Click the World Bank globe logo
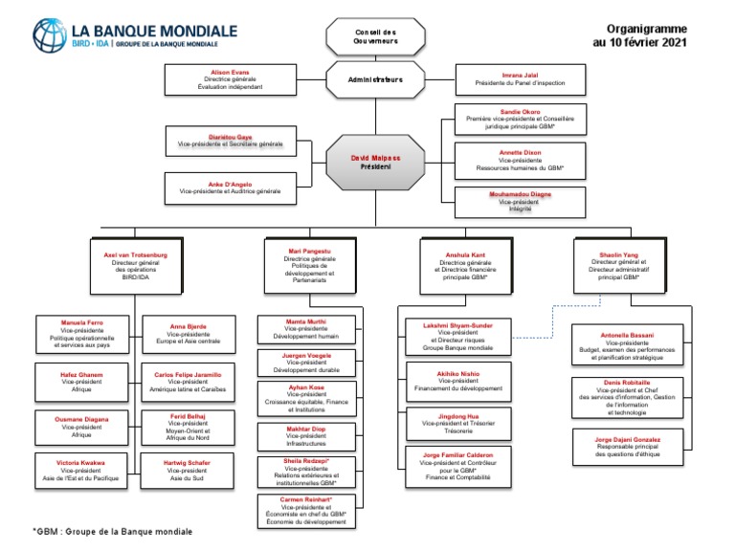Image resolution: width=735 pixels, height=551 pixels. point(50,34)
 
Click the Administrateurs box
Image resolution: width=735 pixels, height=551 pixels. point(374,79)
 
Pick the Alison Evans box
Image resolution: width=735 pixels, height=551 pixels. point(229,79)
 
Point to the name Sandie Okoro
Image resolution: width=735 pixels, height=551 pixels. point(520,112)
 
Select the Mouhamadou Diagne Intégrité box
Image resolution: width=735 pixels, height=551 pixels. point(520,201)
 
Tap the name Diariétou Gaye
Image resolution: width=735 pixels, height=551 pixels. point(231,137)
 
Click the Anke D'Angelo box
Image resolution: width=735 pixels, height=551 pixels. point(231,187)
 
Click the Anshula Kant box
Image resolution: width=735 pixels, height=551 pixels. point(465,265)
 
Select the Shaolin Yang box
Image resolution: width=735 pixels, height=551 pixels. point(618,265)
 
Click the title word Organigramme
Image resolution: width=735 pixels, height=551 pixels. point(646,30)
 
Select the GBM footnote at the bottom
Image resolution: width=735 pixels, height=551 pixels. point(112,532)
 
